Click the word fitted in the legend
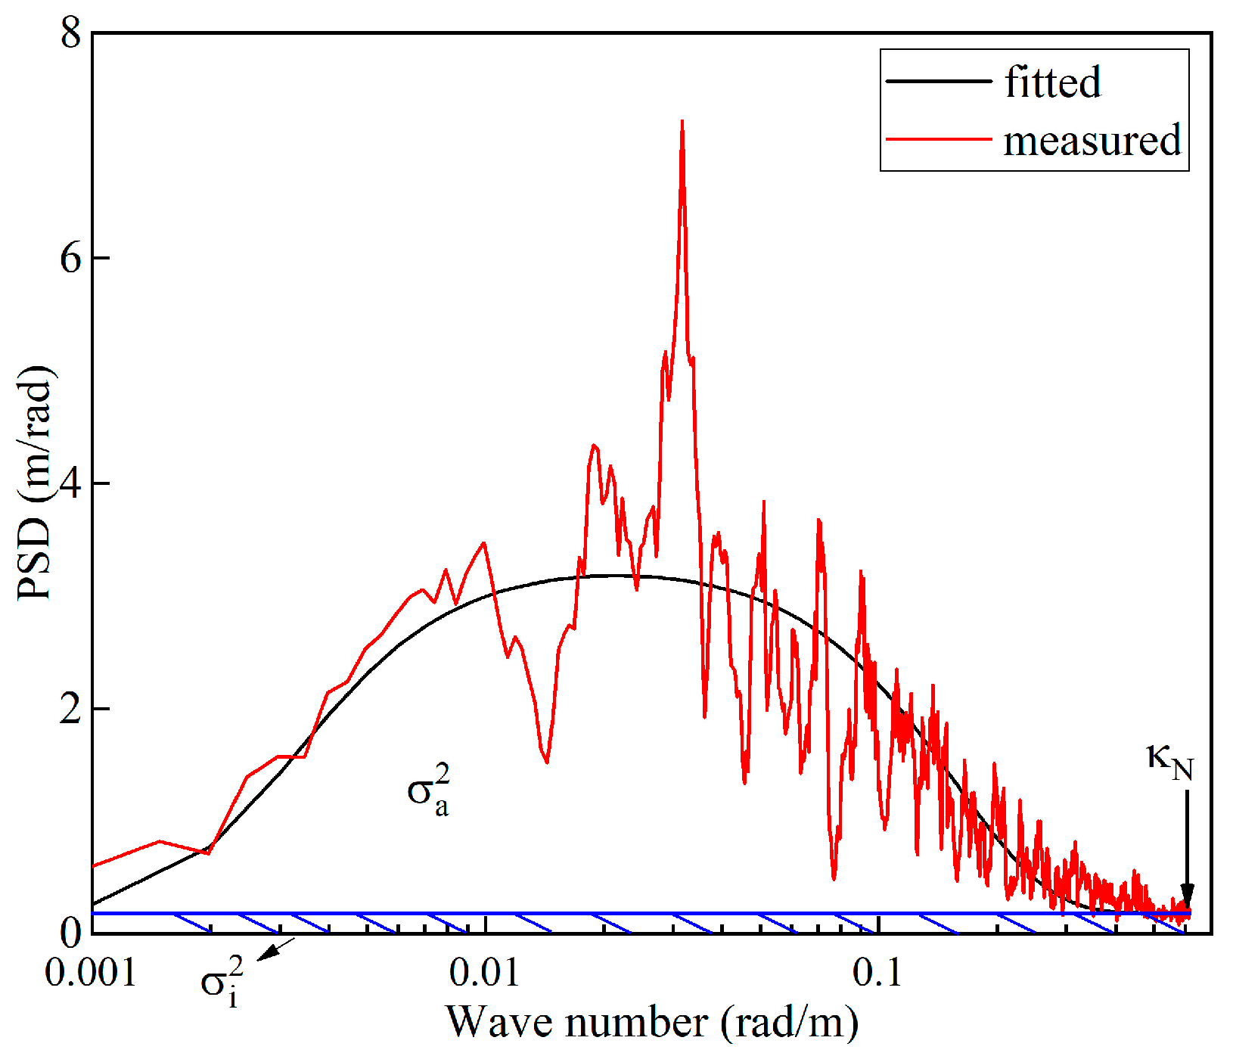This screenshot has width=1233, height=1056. click(1052, 82)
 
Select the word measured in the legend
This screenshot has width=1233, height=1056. click(1092, 141)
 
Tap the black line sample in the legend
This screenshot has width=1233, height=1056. click(938, 81)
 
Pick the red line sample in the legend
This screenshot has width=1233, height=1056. click(938, 139)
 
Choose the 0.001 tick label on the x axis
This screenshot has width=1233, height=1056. click(91, 973)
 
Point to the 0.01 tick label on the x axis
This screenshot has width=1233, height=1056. click(484, 973)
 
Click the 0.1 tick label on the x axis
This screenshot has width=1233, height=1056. click(877, 973)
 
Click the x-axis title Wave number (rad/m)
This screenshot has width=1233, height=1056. click(652, 1023)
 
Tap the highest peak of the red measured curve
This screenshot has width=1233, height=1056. click(682, 122)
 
